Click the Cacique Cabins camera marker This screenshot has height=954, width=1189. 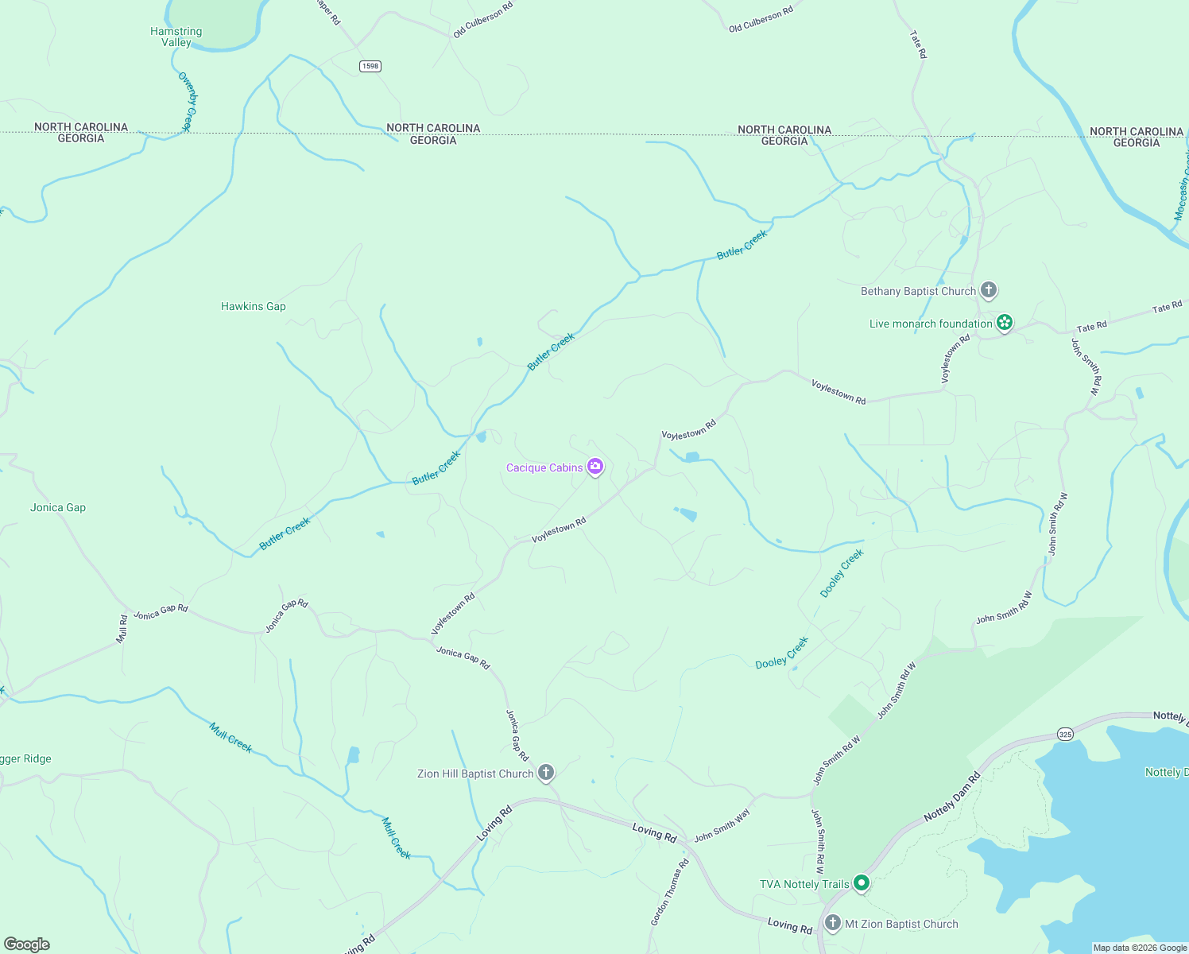594,467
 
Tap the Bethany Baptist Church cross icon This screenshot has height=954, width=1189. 988,290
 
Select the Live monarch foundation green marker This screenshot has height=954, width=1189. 1005,323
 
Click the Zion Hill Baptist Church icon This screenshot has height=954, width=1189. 545,773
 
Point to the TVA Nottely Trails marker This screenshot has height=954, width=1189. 861,883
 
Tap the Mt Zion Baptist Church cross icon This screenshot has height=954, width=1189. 832,923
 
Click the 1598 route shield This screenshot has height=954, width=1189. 370,66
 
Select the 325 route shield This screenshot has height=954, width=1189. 1065,734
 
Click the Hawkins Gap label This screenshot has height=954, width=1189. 253,306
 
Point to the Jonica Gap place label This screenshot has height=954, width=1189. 58,507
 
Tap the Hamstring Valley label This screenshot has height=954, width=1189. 176,37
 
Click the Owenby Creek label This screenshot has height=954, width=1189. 187,101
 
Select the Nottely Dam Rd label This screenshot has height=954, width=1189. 952,796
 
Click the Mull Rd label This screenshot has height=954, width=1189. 122,628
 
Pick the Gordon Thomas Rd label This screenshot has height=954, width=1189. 669,892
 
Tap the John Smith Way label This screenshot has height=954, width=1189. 722,826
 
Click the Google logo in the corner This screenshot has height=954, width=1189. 27,944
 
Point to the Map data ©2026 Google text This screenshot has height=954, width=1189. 1139,948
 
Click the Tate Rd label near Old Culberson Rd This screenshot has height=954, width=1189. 918,45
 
